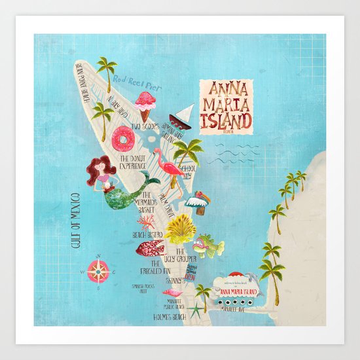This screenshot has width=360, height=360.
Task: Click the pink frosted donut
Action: pyautogui.click(x=122, y=138)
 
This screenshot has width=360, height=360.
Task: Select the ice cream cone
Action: pyautogui.click(x=145, y=105)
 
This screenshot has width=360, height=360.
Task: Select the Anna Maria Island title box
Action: pyautogui.click(x=225, y=105)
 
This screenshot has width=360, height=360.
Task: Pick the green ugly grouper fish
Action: pyautogui.click(x=208, y=247)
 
